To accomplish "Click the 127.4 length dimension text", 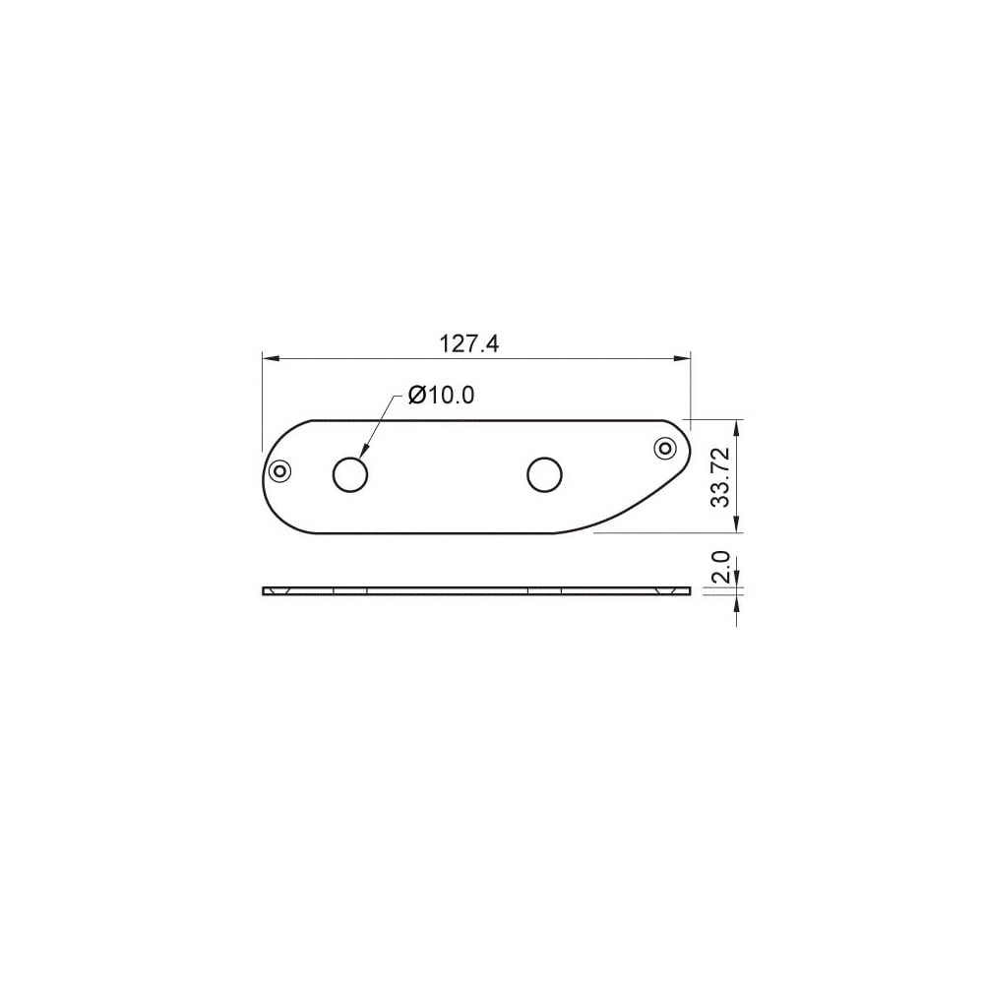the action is coord(468,343).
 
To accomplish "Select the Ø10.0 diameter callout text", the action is coord(441,395).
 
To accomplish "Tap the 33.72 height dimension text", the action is coord(721,476).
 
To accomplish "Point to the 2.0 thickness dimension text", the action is coord(721,567).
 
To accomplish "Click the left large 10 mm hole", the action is coord(350,475).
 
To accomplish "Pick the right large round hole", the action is coord(545,475).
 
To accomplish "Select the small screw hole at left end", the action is coord(279,470).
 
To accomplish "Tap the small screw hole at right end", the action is coord(664,448).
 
